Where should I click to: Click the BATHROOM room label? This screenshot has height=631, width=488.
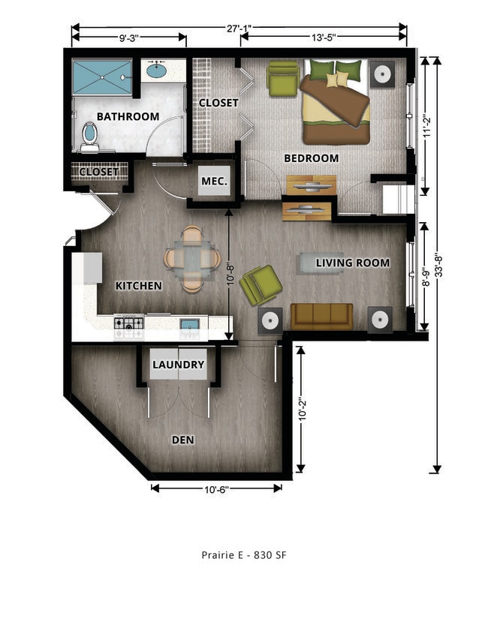[128, 116]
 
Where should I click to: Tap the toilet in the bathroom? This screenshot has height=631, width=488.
[89, 135]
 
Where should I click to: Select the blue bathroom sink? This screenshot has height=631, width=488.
[156, 71]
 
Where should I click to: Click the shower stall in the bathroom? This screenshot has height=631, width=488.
[101, 77]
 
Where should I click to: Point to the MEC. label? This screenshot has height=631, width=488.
[213, 181]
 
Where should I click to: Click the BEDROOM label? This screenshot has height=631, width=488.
[311, 158]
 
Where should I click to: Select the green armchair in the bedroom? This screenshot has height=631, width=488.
[283, 78]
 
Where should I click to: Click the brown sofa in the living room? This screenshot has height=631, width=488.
[321, 316]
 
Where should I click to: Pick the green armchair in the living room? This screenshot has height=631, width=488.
[261, 284]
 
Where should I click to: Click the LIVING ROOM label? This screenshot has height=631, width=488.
[352, 263]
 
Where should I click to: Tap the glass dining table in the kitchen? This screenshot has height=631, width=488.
[192, 259]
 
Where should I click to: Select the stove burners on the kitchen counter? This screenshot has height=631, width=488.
[128, 323]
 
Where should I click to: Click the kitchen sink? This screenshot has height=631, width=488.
[189, 324]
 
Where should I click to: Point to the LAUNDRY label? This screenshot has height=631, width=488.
[178, 365]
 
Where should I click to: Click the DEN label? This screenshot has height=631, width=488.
[182, 440]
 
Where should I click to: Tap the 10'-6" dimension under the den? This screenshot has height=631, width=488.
[216, 489]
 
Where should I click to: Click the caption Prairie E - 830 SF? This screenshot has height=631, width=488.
[244, 555]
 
